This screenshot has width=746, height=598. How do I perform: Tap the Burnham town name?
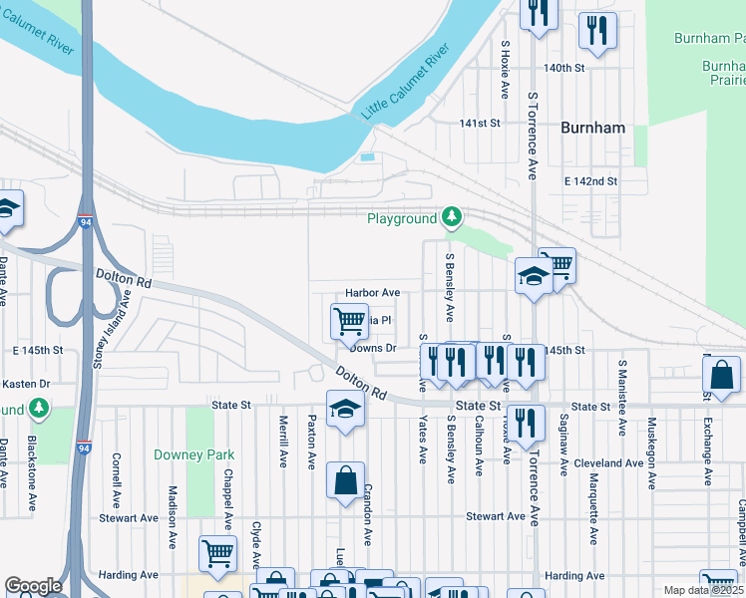point(592,128)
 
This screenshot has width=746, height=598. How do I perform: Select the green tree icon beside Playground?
point(452,217)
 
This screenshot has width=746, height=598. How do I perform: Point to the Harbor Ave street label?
point(372,293)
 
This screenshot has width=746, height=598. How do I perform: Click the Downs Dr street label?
point(374,349)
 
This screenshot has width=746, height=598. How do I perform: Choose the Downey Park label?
point(193,454)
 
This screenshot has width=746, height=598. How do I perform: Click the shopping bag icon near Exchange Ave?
point(721,376)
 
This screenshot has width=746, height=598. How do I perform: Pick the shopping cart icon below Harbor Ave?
point(349,320)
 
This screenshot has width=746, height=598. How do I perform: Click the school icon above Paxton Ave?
point(345,410)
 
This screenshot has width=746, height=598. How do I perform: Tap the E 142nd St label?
point(590,181)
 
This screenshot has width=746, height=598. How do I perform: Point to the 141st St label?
point(479,123)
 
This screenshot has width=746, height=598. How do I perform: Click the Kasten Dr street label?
point(25,384)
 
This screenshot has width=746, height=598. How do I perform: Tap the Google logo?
point(33,586)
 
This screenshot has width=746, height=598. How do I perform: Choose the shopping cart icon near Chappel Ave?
point(217,553)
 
